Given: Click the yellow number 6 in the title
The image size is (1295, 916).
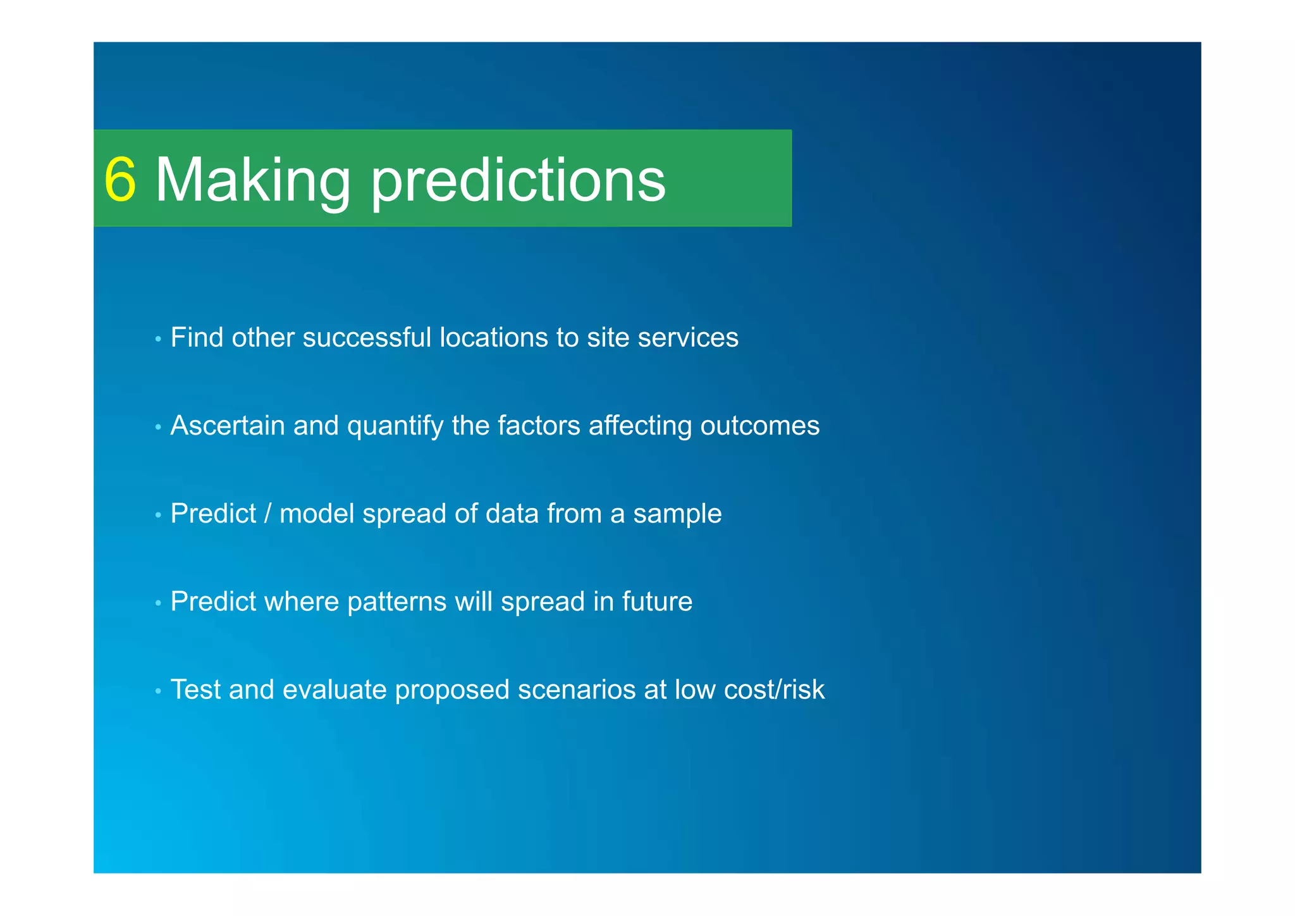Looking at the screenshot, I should [x=120, y=180].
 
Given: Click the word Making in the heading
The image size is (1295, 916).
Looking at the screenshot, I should [x=252, y=180].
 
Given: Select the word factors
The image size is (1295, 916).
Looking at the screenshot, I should [x=539, y=426].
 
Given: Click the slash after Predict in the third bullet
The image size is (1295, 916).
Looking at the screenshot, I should [x=267, y=514].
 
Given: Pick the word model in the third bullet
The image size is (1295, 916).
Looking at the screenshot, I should [x=317, y=514].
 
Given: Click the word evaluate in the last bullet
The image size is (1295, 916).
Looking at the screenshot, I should [x=334, y=690].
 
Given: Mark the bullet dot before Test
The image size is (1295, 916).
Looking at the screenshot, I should [x=158, y=691].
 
